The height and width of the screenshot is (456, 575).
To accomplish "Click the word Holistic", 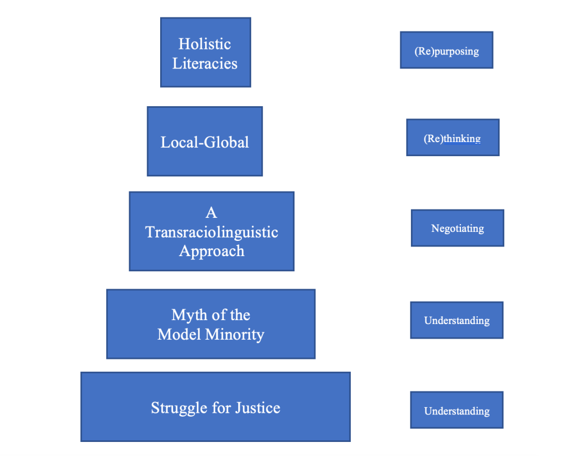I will pyautogui.click(x=205, y=44).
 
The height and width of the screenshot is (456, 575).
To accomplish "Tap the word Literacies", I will pyautogui.click(x=205, y=63).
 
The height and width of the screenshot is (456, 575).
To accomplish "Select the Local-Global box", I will pyautogui.click(x=205, y=142).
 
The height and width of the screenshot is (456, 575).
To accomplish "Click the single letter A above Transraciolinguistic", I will pyautogui.click(x=211, y=212).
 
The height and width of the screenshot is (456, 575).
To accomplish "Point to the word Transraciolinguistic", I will pyautogui.click(x=212, y=231).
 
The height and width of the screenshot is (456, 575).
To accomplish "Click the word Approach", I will pyautogui.click(x=212, y=250).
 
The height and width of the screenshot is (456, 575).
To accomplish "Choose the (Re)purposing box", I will pyautogui.click(x=446, y=51).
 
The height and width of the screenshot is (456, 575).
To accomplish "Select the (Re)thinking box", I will pyautogui.click(x=452, y=138).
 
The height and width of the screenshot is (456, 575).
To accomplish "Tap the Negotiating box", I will pyautogui.click(x=457, y=228).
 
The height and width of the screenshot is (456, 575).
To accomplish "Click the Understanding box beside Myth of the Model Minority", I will pyautogui.click(x=456, y=321).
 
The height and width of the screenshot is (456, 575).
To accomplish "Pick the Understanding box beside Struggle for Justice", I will pyautogui.click(x=456, y=411).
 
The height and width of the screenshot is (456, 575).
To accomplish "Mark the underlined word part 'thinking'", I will pyautogui.click(x=462, y=138).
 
